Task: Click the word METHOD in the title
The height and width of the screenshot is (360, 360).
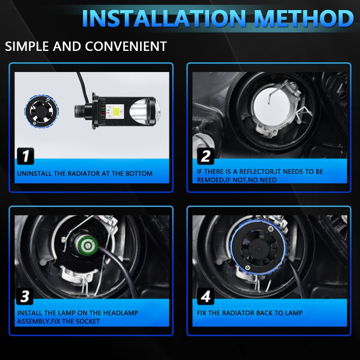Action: (300, 18)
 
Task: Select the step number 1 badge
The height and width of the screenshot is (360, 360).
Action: (25, 156)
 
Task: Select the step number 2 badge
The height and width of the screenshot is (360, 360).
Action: (205, 156)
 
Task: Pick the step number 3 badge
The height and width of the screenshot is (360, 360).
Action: (25, 297)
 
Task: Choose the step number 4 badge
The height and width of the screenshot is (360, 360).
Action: (205, 297)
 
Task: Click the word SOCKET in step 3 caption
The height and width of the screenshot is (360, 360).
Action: (88, 321)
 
